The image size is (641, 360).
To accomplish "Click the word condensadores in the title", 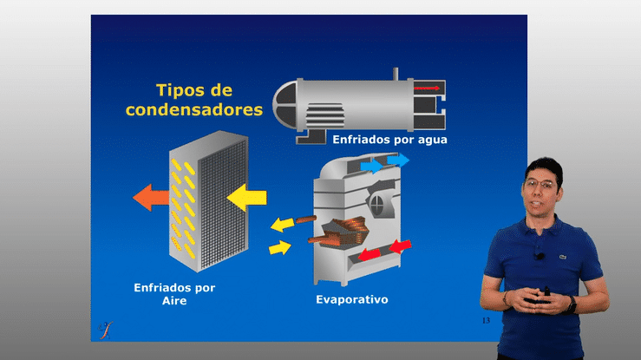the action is pos(194,109).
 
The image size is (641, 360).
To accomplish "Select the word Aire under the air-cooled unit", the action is pos(174,301).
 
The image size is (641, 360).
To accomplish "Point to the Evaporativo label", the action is pos(352,299).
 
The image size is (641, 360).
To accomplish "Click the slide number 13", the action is pos(486,320).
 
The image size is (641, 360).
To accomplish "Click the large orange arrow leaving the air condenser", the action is pos(151,198).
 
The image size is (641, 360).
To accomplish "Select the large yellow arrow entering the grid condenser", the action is pos(246,198).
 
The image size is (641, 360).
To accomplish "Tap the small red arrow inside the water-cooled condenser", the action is pos(427,88).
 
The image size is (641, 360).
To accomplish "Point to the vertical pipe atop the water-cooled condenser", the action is pos(396,74).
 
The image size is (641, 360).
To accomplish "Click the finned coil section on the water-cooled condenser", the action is pos(325,115).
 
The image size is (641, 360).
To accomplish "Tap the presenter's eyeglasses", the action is pos(540,185).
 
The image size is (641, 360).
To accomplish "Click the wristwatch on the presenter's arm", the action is pos(571,304).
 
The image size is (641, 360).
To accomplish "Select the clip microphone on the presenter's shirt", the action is pos(540,256).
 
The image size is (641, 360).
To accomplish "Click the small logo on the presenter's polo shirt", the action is pos(563,257).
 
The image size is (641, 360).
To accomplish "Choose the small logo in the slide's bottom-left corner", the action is pos(106,331).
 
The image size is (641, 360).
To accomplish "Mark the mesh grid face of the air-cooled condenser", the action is pos(223,205).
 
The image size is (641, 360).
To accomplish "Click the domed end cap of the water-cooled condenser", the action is pos(285,106).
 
